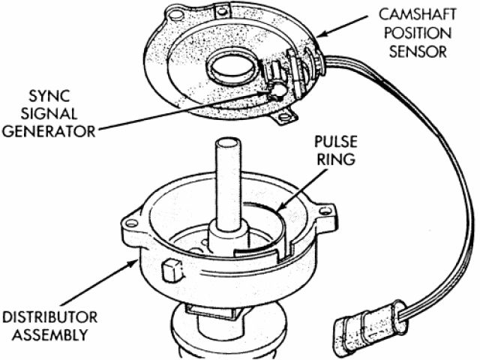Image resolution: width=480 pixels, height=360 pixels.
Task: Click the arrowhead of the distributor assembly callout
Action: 135,256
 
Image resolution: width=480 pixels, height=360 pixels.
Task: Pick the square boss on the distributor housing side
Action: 170,268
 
